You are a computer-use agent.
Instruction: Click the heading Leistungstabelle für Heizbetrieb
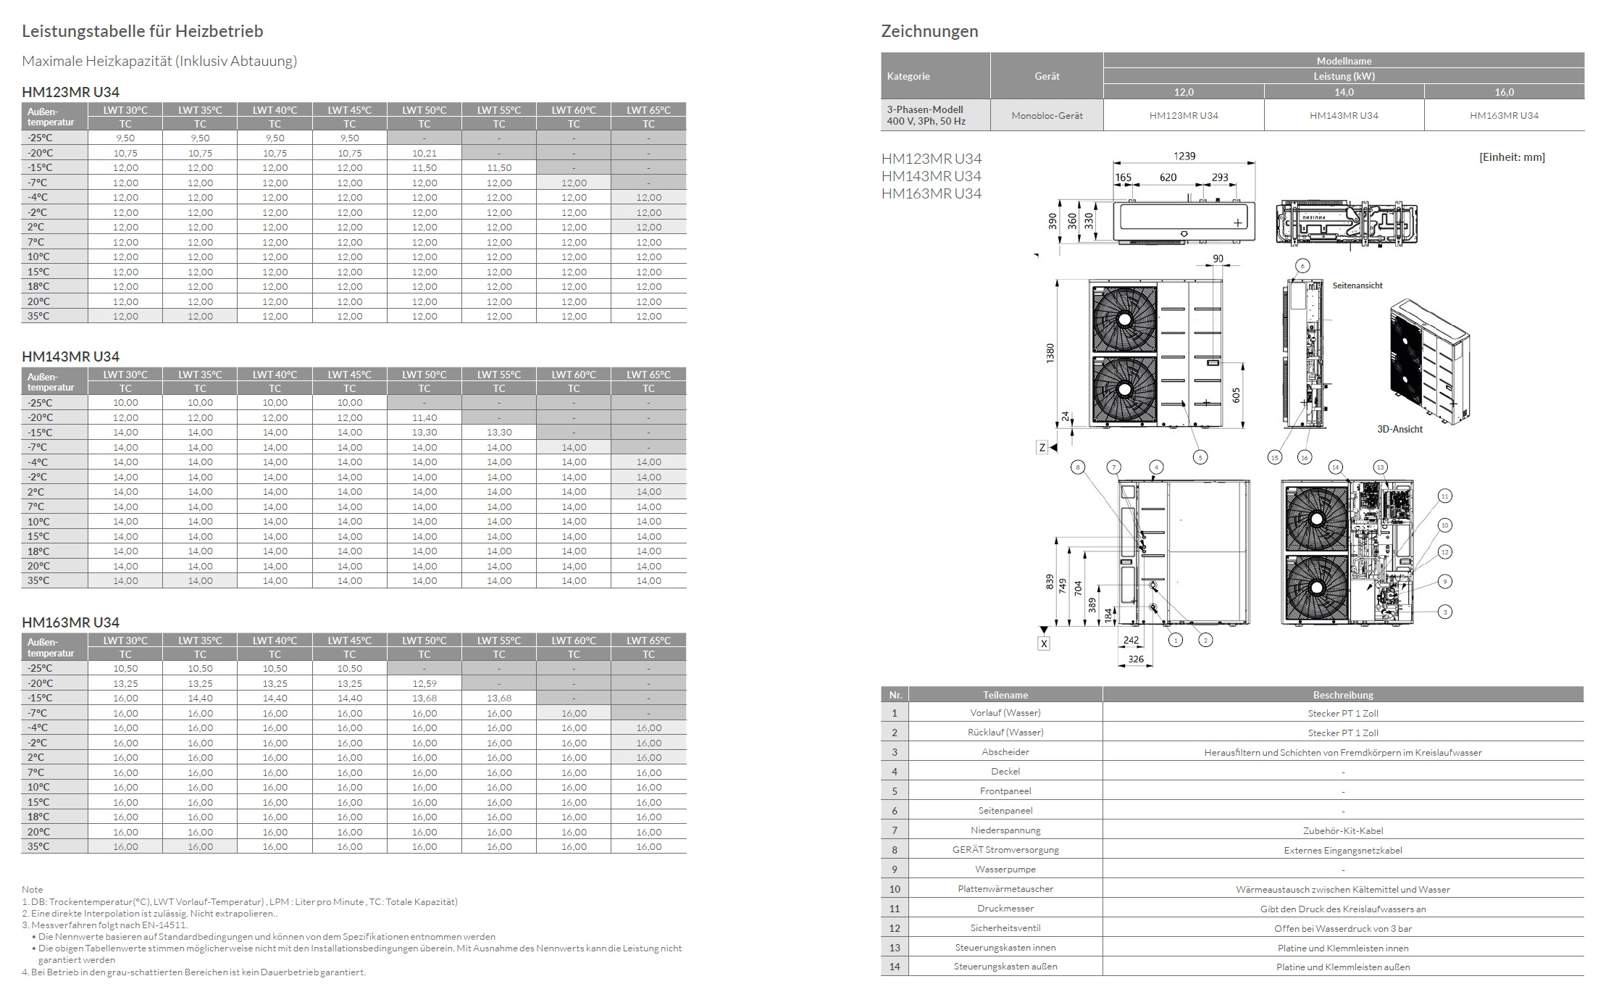click(x=142, y=31)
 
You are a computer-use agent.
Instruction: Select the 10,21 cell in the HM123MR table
click(x=424, y=153)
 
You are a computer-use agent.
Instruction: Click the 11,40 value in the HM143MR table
click(x=424, y=417)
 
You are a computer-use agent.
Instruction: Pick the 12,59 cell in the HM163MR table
click(x=424, y=683)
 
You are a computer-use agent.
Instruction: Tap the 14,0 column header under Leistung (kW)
click(x=1344, y=92)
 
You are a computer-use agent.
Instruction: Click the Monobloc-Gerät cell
click(x=1047, y=115)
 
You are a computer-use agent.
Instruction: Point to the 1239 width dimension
click(x=1184, y=156)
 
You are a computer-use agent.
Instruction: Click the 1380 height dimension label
click(x=1050, y=353)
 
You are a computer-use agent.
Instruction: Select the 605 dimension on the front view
click(x=1236, y=395)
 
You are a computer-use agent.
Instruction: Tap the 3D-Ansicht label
click(x=1400, y=429)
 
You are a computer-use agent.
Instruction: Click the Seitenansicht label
click(x=1358, y=285)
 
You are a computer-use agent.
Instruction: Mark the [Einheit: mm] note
click(x=1512, y=157)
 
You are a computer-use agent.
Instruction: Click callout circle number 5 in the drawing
click(x=1200, y=457)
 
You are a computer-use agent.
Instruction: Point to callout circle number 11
click(x=1444, y=496)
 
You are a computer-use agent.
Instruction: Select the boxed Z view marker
click(x=1042, y=448)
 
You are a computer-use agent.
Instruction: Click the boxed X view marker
click(x=1044, y=643)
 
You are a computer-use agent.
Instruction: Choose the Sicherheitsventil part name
click(x=1005, y=928)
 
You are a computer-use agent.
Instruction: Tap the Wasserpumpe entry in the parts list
click(x=1005, y=870)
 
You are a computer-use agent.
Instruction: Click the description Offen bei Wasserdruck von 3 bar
click(x=1343, y=928)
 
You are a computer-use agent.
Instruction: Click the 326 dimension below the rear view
click(x=1136, y=659)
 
